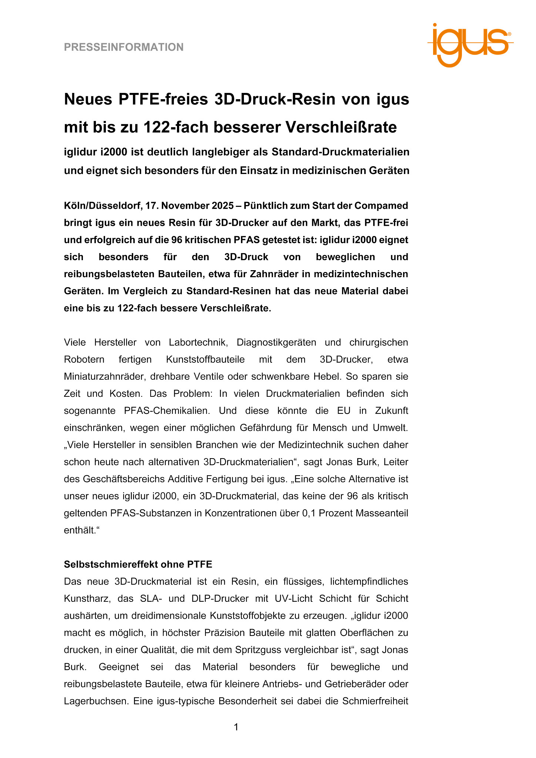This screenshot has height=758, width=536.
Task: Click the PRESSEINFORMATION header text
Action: point(124,47)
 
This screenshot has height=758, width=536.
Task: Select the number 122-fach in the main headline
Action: point(175,128)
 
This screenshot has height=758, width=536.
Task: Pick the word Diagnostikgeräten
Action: point(276,342)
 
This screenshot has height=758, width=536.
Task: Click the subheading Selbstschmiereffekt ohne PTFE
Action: point(138,564)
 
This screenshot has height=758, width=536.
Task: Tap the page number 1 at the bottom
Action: point(236,727)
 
